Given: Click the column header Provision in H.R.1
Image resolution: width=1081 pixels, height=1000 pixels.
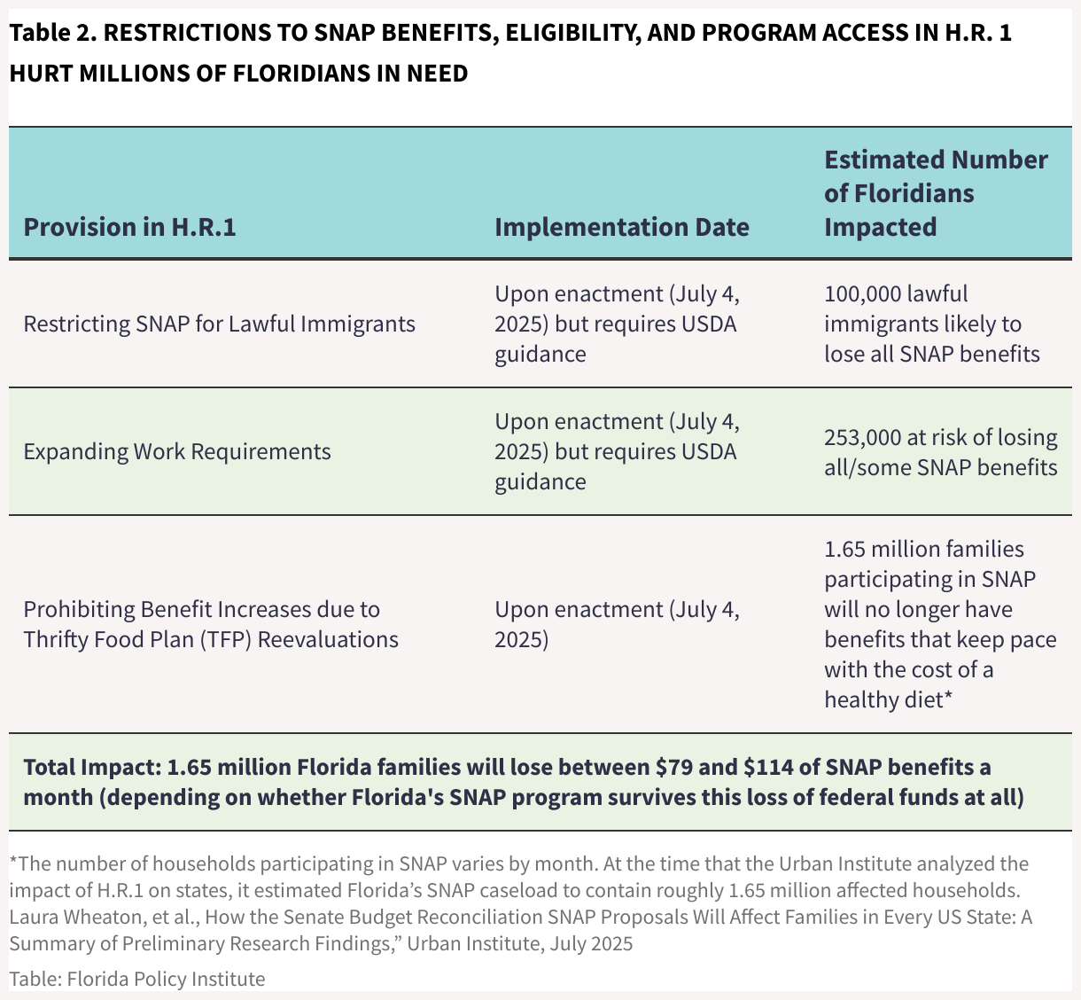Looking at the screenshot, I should coord(129,227).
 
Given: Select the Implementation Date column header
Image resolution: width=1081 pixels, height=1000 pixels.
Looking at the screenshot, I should coord(621,227).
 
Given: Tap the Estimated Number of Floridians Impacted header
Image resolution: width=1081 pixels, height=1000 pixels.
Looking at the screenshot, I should coord(936,193).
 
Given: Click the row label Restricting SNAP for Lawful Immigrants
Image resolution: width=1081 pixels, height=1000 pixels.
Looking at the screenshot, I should coord(219,324).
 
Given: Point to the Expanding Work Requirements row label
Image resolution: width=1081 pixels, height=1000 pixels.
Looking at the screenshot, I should coord(177,451).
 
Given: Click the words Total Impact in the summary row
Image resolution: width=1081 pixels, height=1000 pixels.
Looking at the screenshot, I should coord(88,767).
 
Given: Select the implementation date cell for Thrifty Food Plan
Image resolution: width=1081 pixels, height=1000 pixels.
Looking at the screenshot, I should coord(617,624).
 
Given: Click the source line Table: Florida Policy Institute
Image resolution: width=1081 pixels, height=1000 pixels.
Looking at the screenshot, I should coord(137,979).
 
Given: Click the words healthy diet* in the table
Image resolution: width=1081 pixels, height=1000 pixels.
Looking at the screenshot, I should coord(888,699).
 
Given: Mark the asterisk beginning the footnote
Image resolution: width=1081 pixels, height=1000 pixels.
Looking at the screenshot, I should coord(13,862).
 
